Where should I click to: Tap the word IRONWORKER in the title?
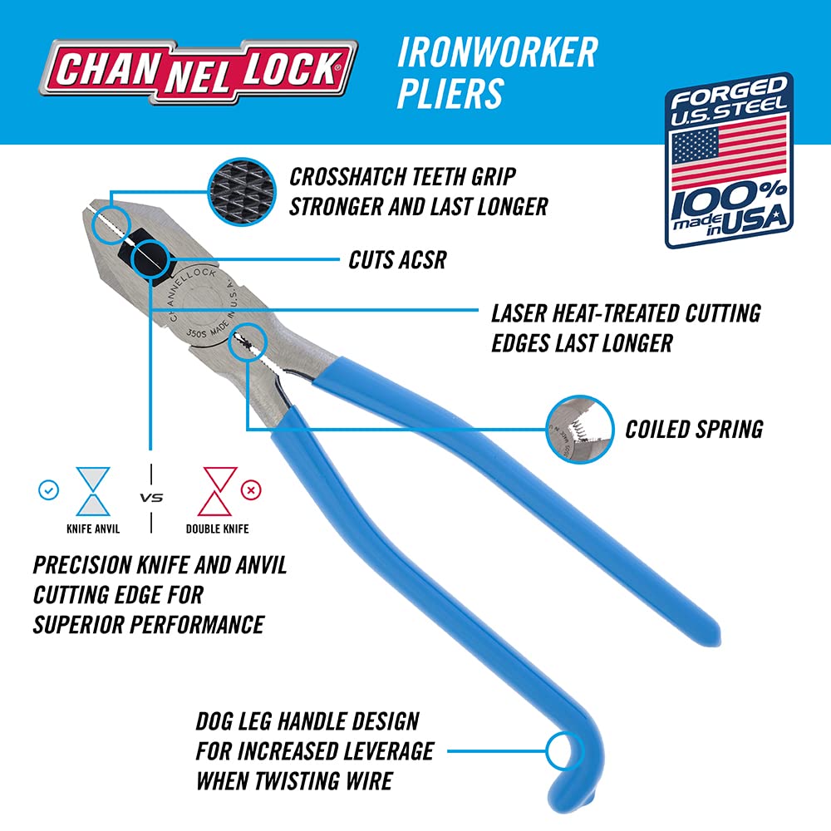coord(496,52)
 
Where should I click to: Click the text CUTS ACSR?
coord(397,260)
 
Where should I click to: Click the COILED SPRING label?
coord(694,429)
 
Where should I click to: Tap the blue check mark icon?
coord(49,490)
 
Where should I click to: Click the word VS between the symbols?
coord(150,499)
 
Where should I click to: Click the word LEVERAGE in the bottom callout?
coord(386,751)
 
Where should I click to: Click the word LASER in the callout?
coord(522,313)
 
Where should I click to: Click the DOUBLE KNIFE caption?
coord(216,529)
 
